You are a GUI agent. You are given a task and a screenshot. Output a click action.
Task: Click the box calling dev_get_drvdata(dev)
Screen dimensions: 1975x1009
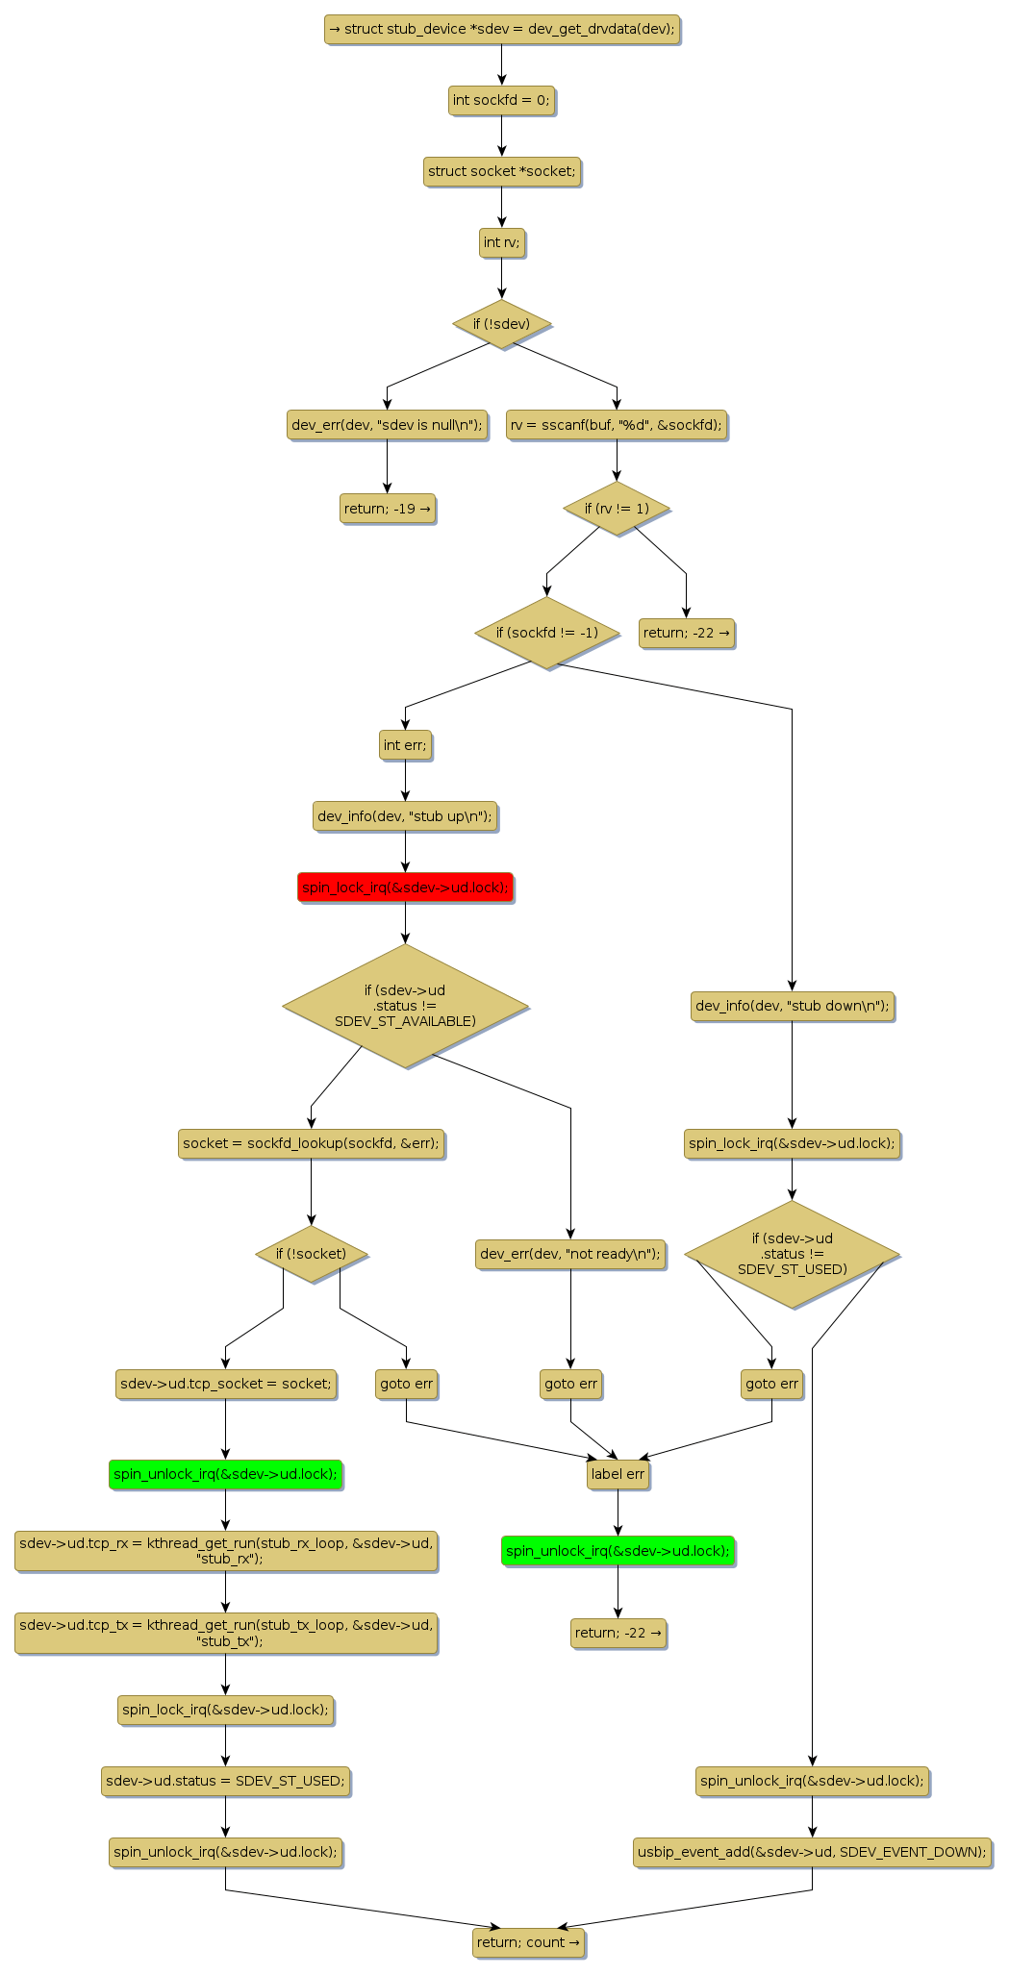click(x=501, y=30)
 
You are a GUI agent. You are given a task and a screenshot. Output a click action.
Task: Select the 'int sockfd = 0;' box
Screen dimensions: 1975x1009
click(x=501, y=100)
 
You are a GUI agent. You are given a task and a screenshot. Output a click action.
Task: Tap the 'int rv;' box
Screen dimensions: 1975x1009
click(x=501, y=242)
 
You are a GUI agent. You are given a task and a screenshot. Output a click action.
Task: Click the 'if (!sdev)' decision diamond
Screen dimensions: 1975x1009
click(x=501, y=324)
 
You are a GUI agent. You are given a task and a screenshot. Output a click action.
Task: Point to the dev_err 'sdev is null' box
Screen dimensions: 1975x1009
click(x=387, y=424)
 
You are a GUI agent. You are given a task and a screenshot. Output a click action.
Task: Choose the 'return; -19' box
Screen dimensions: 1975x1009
click(x=387, y=509)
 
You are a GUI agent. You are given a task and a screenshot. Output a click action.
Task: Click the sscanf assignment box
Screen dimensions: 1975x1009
click(x=617, y=424)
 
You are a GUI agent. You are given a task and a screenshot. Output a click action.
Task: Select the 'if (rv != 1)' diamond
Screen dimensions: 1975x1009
click(x=617, y=509)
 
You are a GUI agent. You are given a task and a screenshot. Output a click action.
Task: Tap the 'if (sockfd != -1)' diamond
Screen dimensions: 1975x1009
click(x=546, y=633)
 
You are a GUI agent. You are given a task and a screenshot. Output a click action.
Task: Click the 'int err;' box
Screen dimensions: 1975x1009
click(x=405, y=745)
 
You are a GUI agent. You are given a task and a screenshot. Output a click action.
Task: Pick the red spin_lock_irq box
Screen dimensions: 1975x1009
click(x=405, y=887)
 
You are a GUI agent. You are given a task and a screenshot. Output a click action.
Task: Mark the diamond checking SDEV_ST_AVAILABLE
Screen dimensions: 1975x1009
click(x=405, y=1006)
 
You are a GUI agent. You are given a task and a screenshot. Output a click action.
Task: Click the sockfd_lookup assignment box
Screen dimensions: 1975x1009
click(x=311, y=1143)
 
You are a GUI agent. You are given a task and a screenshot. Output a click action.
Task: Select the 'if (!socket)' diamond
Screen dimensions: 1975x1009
click(x=311, y=1254)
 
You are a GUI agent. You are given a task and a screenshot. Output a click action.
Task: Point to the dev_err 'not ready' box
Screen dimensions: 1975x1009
click(x=570, y=1254)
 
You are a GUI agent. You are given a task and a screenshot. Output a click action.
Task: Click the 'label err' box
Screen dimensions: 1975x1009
click(x=618, y=1474)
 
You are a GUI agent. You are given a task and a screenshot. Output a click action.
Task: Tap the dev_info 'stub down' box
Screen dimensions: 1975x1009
click(x=792, y=1007)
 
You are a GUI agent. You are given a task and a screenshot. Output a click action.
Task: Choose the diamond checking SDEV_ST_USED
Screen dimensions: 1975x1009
click(x=792, y=1254)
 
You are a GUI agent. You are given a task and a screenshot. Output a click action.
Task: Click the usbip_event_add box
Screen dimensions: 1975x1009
click(x=812, y=1852)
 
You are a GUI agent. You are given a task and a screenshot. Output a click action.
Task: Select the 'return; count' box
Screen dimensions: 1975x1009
click(x=528, y=1942)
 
